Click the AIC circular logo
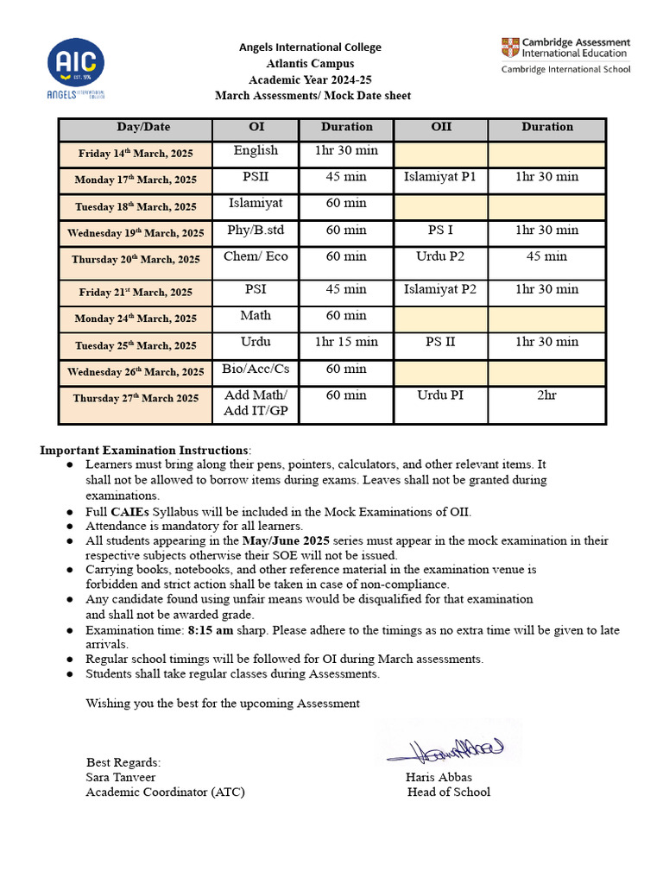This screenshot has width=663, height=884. tap(78, 61)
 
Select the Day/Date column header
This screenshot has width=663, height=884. tap(144, 128)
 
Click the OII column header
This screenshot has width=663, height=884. tap(440, 127)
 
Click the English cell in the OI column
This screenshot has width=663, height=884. tap(256, 151)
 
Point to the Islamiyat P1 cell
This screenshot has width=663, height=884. tap(440, 177)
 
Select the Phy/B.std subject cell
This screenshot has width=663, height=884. tap(256, 230)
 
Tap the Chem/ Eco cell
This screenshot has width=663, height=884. tap(256, 256)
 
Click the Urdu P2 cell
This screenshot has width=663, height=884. tap(440, 256)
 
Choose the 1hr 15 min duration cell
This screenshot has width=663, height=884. tap(346, 342)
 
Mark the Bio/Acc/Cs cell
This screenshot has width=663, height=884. tap(256, 369)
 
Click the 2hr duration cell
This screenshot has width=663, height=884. tap(546, 395)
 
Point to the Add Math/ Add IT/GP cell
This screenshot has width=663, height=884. tap(256, 404)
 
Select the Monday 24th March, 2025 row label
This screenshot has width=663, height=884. tap(136, 319)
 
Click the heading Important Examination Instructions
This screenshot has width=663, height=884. tap(144, 451)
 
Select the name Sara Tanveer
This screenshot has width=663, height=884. tap(121, 777)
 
